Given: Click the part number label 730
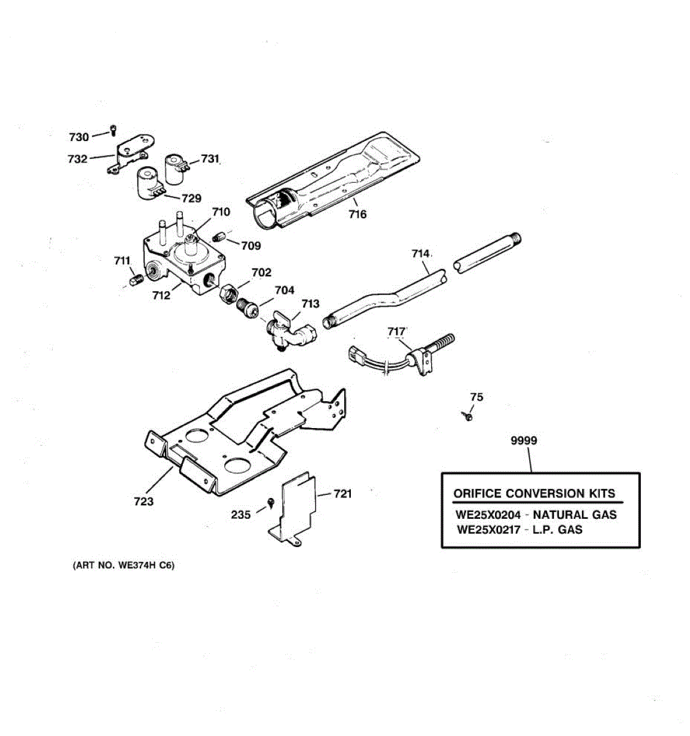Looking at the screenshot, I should pos(79,137).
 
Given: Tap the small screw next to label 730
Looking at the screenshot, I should pos(113,129).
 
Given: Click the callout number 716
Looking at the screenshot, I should pos(358,214).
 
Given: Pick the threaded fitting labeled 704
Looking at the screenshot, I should pos(247,307).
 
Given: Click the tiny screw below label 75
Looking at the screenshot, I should pos(468,417).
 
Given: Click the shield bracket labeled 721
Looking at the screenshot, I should pos(297,506).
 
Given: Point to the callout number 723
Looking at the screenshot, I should pos(144,502).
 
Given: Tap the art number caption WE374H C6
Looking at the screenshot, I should pos(123,565).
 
